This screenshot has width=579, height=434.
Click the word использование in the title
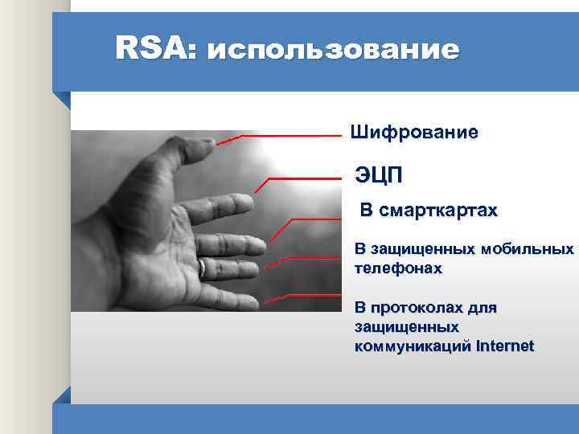333,51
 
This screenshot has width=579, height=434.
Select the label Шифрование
413,132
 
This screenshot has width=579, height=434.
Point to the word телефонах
398,268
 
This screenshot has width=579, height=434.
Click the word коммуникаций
412,346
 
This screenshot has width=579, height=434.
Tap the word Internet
505,346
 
